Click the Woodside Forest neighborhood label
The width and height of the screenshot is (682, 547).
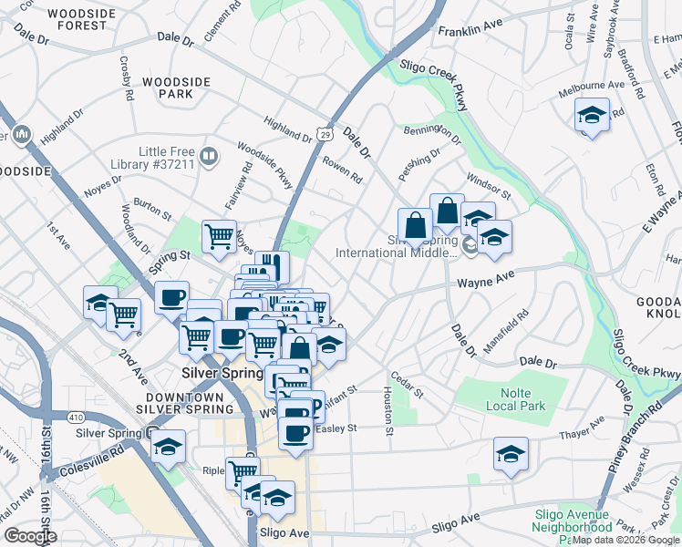tap(77, 19)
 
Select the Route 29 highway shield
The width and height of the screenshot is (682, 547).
tap(325, 134)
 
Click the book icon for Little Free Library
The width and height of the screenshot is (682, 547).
tap(210, 157)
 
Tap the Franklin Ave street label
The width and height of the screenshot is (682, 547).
tap(470, 30)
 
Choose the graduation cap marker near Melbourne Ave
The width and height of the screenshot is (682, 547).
tap(592, 115)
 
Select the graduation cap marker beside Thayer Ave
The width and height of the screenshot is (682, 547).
tap(511, 453)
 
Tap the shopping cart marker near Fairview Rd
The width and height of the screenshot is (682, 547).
tap(219, 236)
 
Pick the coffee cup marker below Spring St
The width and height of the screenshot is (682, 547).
tap(170, 296)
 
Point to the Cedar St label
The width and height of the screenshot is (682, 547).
tap(408, 385)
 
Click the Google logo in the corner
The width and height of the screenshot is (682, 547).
tap(29, 536)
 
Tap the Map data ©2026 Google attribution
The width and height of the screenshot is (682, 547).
tap(626, 540)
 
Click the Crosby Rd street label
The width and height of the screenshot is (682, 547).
tap(127, 77)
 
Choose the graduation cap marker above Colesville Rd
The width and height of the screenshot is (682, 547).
tap(169, 447)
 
